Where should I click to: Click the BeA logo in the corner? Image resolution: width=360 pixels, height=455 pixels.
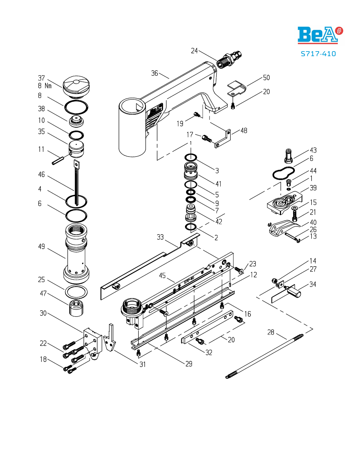(320, 35)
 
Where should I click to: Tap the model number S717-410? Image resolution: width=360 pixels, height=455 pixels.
(318, 54)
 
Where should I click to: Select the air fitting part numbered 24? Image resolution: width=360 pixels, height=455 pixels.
(229, 59)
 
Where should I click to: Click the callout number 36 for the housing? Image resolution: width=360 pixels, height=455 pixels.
(154, 73)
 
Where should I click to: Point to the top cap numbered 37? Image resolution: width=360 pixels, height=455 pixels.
(76, 87)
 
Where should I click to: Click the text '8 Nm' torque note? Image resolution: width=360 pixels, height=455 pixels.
(45, 86)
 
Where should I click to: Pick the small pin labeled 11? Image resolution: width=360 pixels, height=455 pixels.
(58, 160)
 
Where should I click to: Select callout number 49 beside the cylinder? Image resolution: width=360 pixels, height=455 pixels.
(42, 247)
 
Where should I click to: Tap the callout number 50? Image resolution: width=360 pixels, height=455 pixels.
(266, 77)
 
